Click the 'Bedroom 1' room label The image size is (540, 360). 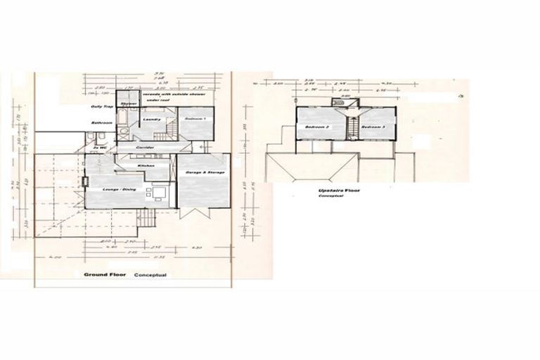pos(195,119)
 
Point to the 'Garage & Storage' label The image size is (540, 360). pos(205,172)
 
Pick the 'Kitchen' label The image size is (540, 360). pos(146,165)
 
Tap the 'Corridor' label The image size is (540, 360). pos(146,148)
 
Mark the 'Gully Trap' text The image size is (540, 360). pos(103,106)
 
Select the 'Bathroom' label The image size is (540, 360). pos(101,123)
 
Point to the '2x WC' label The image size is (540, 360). pos(99,148)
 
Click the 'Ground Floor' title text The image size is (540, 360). pos(104,275)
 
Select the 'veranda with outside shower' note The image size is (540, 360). pos(171,94)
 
